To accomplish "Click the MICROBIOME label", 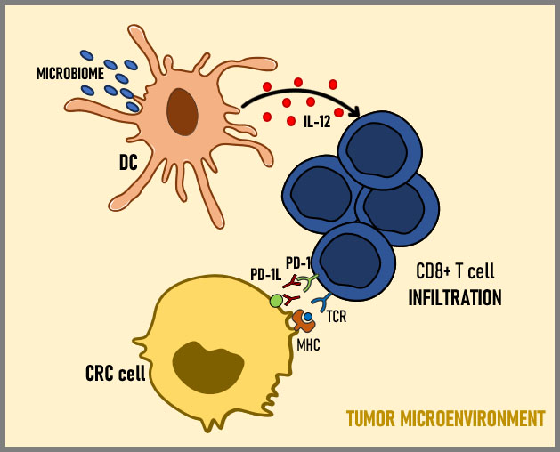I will [x=69, y=73].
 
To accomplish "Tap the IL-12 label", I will [x=316, y=122].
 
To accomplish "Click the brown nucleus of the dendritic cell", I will [x=183, y=111].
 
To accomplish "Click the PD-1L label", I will [x=265, y=274].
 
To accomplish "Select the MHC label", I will [x=309, y=343].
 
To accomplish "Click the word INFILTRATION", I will [x=454, y=297].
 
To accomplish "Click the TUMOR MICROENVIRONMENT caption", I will [x=445, y=417].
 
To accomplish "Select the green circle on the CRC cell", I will [x=276, y=301].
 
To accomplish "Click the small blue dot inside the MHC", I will [x=307, y=317].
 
